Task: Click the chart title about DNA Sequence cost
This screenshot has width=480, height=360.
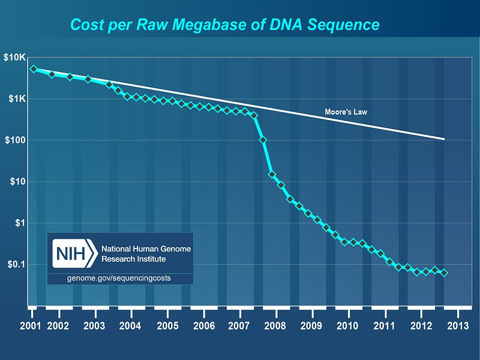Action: tap(224, 25)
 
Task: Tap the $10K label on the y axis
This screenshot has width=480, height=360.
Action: tap(14, 58)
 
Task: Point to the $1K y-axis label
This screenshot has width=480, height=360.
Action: tap(16, 99)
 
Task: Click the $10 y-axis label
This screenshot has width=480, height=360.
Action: tap(18, 182)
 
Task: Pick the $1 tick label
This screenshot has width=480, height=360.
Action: tap(20, 223)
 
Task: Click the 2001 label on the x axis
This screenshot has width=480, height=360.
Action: tap(30, 326)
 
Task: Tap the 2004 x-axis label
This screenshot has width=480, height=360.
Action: tap(130, 326)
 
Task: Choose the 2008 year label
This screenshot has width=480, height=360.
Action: tap(275, 326)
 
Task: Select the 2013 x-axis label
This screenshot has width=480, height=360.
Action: tap(457, 326)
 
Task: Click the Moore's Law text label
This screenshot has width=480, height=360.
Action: tap(346, 112)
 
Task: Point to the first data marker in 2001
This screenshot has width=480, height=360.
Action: tap(34, 69)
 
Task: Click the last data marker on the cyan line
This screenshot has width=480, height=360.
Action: tap(445, 272)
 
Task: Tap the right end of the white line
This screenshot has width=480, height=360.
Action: tap(444, 139)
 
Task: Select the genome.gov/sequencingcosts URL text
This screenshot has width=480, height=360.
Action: tap(120, 279)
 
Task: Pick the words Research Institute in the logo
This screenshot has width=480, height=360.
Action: tap(134, 259)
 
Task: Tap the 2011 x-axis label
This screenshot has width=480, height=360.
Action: tap(384, 326)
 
